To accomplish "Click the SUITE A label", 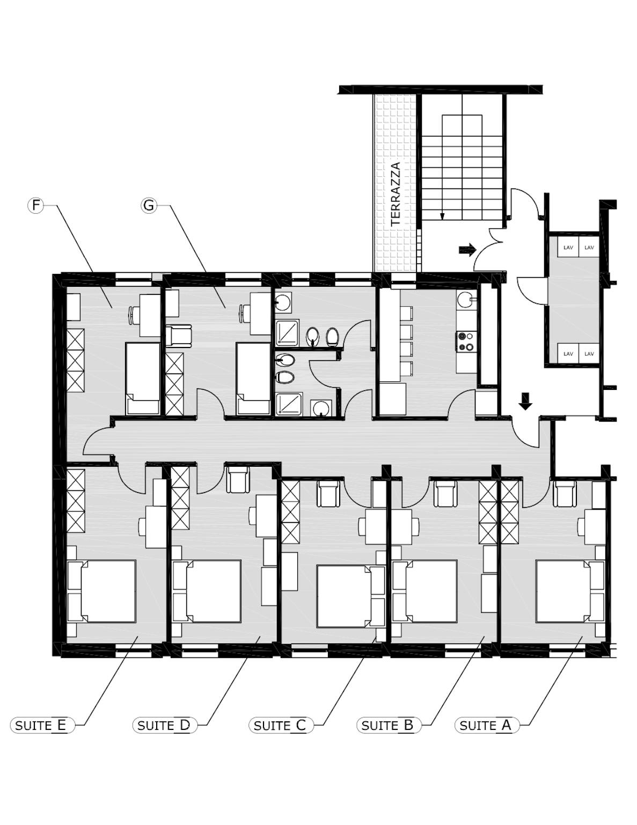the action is click(487, 725).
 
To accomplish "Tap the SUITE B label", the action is click(389, 725).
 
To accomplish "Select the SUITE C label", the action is click(281, 725).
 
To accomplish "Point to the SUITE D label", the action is click(165, 725).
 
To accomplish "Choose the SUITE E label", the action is click(42, 725).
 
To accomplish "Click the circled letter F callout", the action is click(35, 205).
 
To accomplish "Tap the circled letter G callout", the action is click(149, 205).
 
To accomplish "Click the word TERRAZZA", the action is click(396, 194).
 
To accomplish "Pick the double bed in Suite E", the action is click(101, 591).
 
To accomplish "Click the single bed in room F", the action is click(143, 379).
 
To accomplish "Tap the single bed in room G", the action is click(253, 379).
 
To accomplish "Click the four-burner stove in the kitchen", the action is click(466, 341).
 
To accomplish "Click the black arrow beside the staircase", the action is click(467, 249).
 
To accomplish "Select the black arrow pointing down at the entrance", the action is click(525, 401).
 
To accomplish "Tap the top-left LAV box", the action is click(568, 248).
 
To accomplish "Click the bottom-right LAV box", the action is click(589, 353).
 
